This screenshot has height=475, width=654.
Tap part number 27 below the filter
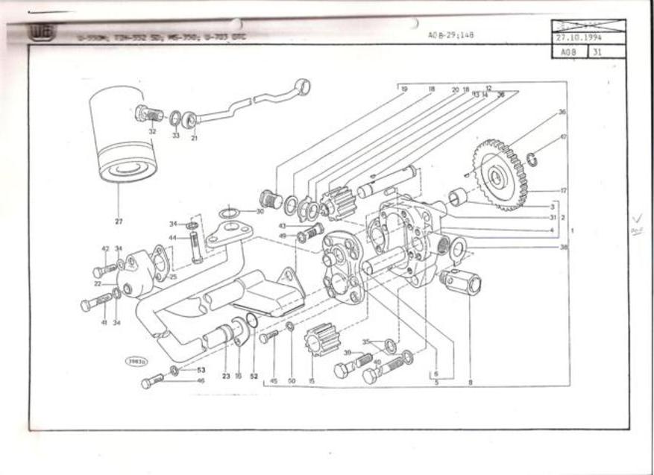(x=119, y=221)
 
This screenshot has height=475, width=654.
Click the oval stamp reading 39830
(x=136, y=362)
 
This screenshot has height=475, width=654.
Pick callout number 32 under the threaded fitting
(x=152, y=131)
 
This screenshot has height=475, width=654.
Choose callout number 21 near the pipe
(x=194, y=137)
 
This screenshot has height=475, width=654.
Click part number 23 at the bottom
(x=225, y=376)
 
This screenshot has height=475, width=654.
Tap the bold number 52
(x=254, y=376)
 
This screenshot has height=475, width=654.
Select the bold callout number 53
(x=201, y=369)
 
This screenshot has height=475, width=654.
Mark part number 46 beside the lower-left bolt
(x=201, y=380)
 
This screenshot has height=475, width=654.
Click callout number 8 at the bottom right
(x=470, y=382)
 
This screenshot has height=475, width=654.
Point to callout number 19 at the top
(x=403, y=89)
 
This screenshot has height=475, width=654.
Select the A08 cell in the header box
(x=569, y=52)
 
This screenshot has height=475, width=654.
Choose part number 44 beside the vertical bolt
(x=172, y=238)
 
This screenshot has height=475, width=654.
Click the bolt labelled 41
(x=95, y=303)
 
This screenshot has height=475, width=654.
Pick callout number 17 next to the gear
(x=563, y=191)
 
